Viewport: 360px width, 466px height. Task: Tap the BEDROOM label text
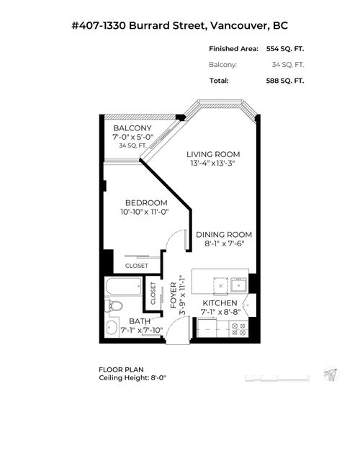tap(146, 202)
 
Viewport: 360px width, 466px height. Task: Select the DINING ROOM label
tap(224, 234)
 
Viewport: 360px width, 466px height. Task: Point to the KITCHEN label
tap(220, 303)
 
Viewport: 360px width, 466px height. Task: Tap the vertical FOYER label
tap(174, 296)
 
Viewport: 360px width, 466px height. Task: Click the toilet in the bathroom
tap(114, 306)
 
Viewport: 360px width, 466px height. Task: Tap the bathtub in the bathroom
tap(125, 287)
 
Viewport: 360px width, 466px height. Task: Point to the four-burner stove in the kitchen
tap(239, 329)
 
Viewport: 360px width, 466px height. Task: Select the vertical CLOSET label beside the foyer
tap(153, 292)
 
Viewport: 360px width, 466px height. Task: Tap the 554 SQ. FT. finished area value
tap(280, 49)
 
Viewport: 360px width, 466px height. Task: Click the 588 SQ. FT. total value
tap(280, 80)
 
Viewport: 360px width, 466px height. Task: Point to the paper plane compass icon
tap(330, 375)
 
